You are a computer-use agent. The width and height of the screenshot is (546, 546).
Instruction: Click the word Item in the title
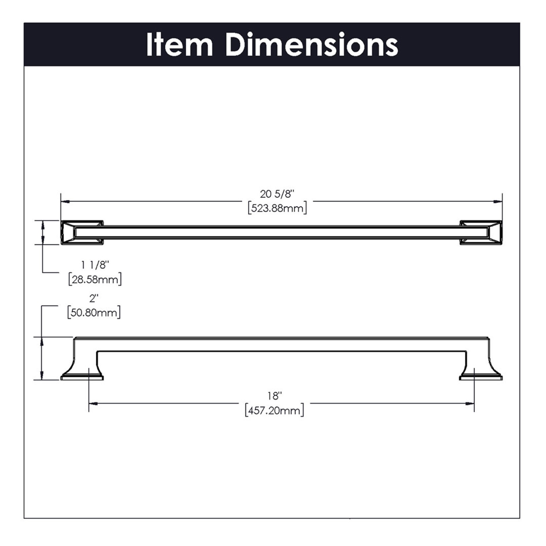pos(179,45)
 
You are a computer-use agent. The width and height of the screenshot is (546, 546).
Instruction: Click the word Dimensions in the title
pos(312,45)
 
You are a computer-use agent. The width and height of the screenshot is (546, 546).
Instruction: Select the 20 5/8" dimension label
pos(277,194)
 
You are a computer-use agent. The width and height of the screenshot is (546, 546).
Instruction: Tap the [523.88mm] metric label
pos(277,208)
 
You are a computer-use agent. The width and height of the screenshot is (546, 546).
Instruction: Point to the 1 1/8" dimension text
pos(95,265)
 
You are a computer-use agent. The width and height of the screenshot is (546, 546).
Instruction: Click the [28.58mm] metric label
pos(95,280)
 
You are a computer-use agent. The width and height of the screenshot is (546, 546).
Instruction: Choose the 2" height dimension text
pos(94,298)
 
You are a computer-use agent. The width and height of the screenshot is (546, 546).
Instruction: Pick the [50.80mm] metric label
pos(94,313)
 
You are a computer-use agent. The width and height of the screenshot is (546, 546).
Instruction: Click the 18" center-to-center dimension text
pos(275,396)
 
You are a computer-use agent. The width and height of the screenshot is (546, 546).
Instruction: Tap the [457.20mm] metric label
pos(275,411)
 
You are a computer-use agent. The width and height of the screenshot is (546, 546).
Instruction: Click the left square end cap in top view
pos(82,233)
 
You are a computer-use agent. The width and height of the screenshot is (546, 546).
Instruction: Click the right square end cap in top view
pos(481,233)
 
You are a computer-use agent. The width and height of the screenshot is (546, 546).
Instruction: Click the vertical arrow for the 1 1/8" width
pos(42,233)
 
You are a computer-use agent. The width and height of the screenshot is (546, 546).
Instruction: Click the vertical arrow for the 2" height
pos(42,359)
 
